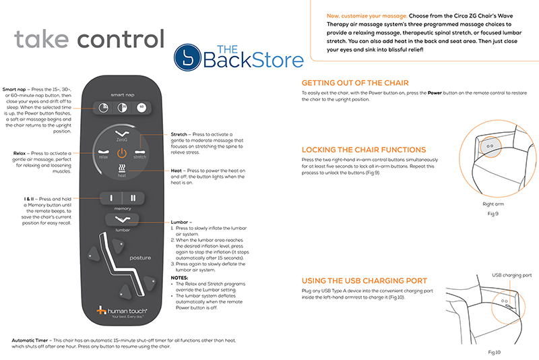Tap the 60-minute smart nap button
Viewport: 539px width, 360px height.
click(141, 107)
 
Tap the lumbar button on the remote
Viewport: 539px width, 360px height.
click(122, 220)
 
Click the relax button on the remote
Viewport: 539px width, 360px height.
click(104, 153)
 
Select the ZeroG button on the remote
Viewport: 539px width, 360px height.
click(122, 133)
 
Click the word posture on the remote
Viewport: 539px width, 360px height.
click(141, 258)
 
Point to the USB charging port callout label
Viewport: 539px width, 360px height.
click(511, 276)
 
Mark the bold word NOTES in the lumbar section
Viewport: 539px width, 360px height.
click(180, 277)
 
